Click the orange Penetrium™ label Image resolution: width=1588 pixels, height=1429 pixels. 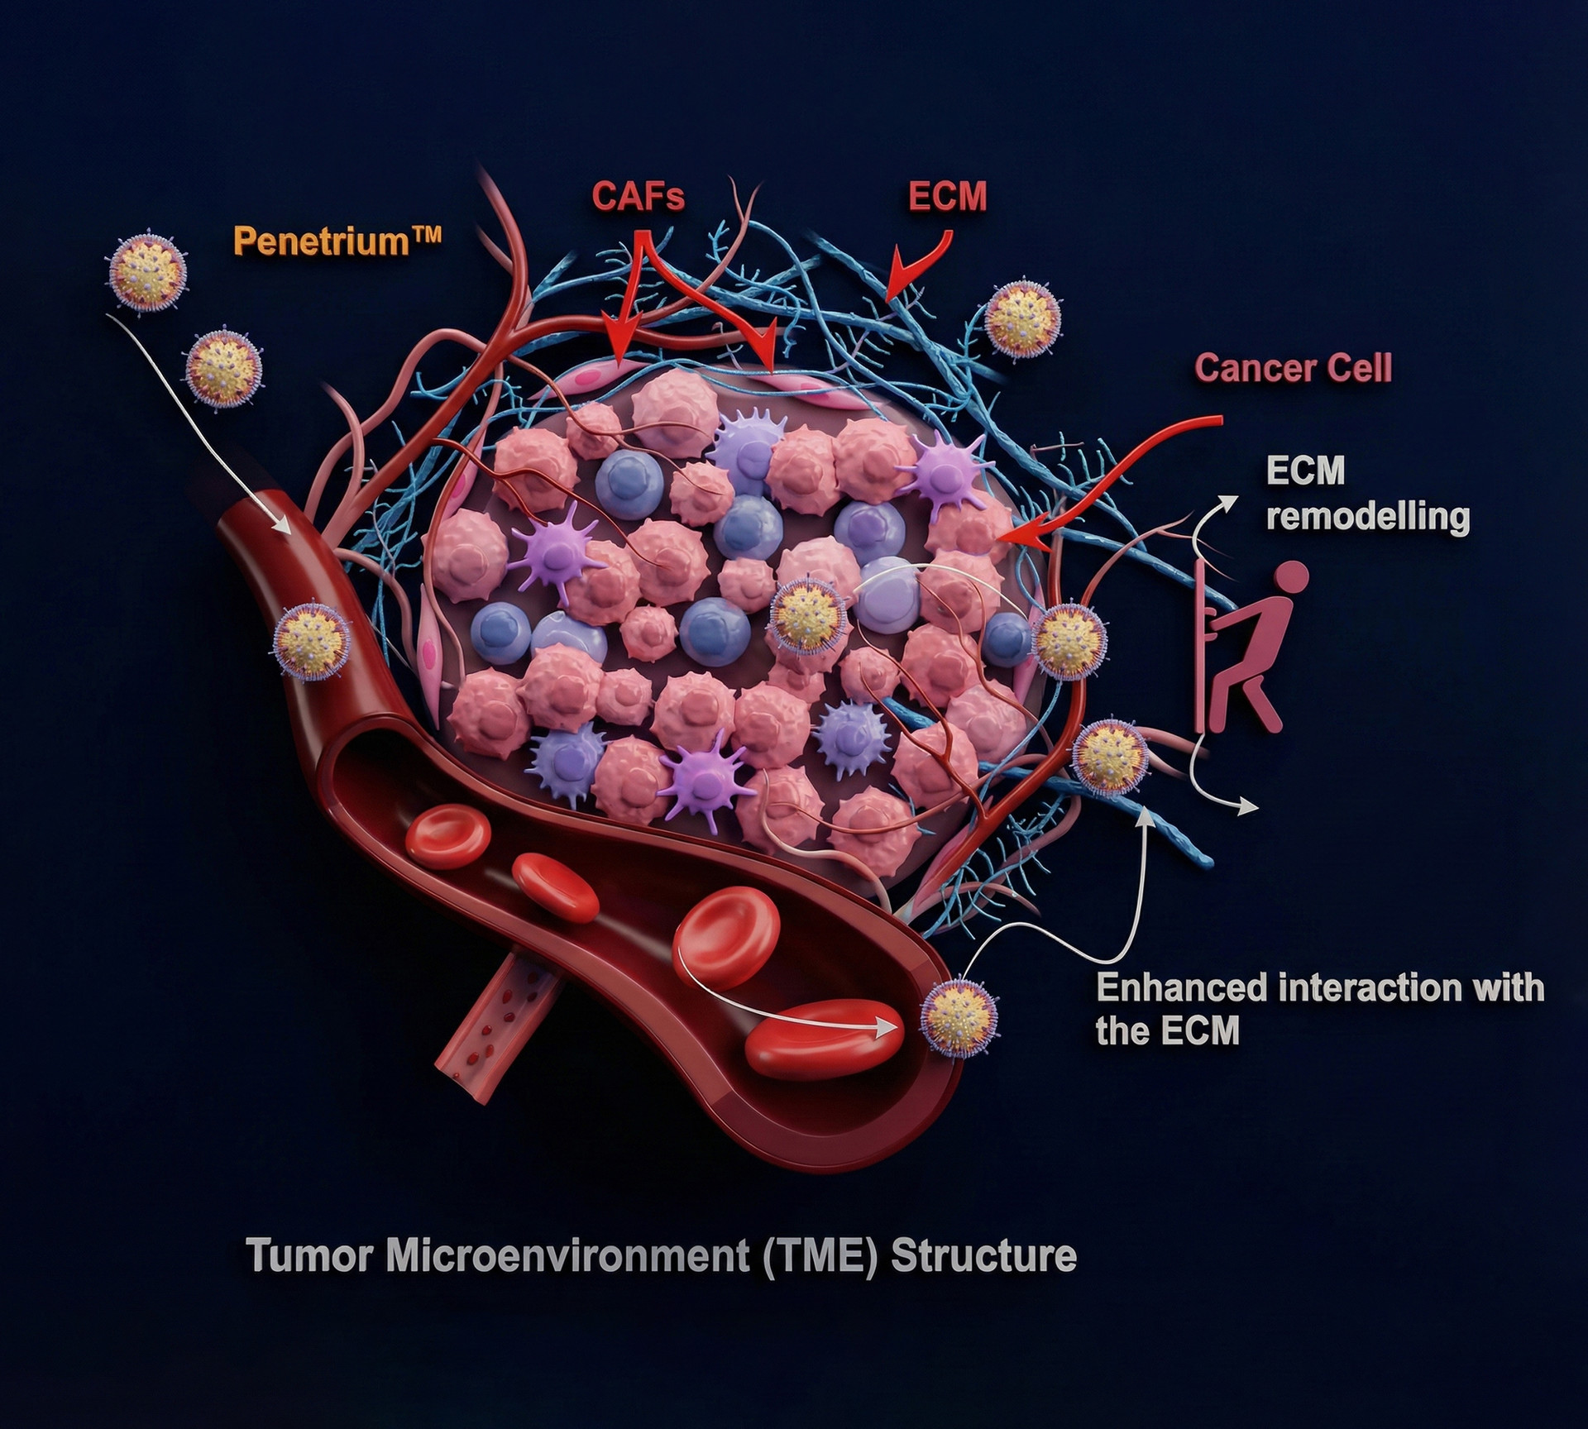(337, 241)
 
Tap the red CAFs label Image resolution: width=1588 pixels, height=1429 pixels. (639, 196)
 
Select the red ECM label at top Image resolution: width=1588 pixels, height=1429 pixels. (948, 197)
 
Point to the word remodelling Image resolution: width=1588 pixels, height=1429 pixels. (1369, 517)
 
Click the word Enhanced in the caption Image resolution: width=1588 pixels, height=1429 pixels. (1182, 988)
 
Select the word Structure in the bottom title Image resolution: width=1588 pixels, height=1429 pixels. (983, 1256)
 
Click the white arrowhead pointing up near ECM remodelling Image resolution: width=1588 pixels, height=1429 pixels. (1229, 502)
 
